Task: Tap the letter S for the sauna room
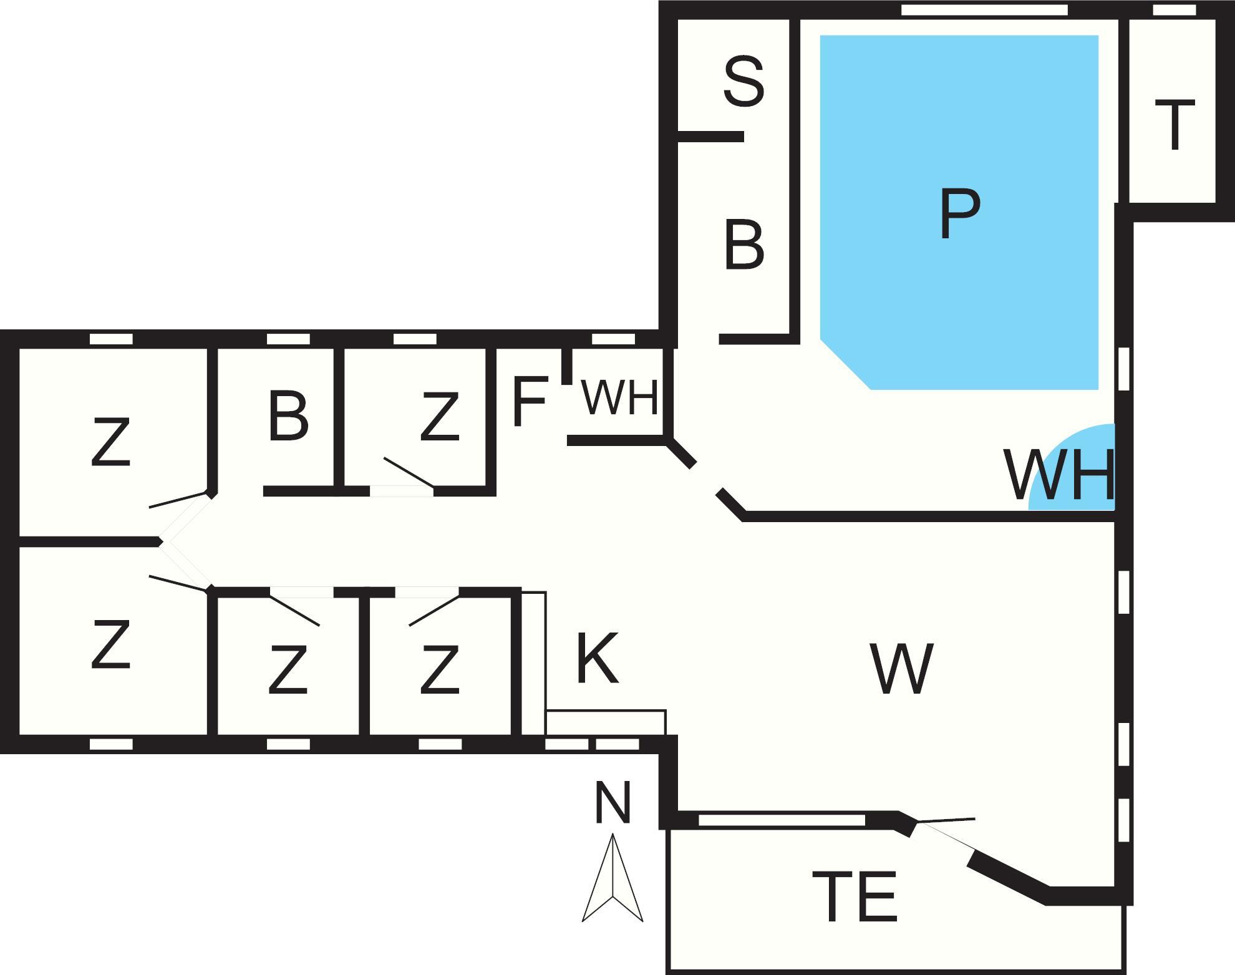(743, 81)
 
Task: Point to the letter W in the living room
(902, 669)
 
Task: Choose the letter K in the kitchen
(597, 658)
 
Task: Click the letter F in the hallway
(530, 401)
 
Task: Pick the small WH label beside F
(619, 397)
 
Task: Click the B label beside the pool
(743, 245)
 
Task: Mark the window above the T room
(1174, 10)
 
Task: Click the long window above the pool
(984, 10)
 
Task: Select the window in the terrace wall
(781, 820)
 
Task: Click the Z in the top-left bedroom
(110, 442)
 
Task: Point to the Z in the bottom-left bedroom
(110, 644)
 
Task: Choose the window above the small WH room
(613, 339)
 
